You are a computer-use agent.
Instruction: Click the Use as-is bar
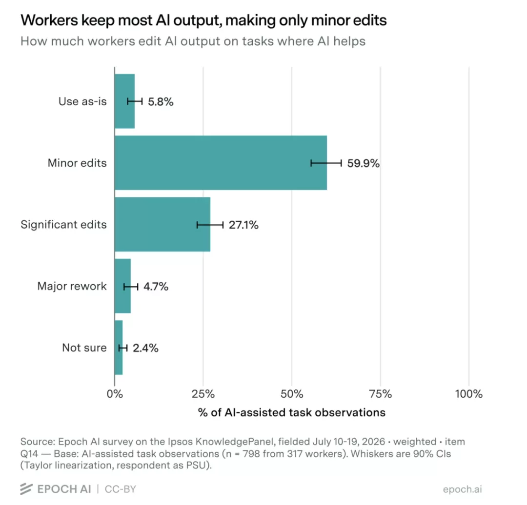[125, 101]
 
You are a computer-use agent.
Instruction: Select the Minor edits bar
[221, 163]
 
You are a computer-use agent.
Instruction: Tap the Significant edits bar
[162, 224]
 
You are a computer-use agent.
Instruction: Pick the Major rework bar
[122, 286]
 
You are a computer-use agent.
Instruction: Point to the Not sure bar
[119, 348]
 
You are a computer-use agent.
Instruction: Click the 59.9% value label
[364, 163]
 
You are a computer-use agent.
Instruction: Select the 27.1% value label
[243, 225]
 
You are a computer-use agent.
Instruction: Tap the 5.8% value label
[161, 101]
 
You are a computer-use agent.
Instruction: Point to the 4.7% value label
[156, 287]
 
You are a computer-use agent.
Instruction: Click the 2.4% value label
[145, 348]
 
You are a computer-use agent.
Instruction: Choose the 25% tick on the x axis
[203, 394]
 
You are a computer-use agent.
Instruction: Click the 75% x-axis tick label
[381, 394]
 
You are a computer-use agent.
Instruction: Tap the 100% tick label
[469, 394]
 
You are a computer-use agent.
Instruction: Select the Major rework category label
[72, 286]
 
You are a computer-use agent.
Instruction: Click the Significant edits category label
[63, 225]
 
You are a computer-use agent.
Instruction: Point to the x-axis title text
[292, 412]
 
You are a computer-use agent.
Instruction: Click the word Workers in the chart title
[49, 20]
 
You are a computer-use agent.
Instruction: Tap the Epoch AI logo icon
[26, 489]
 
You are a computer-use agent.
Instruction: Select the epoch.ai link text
[463, 489]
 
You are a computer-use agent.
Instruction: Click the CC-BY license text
[121, 489]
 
